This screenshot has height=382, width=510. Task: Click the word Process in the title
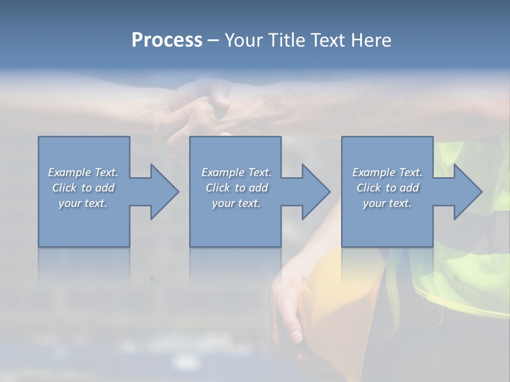click(167, 40)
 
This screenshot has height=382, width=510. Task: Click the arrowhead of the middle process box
click(315, 192)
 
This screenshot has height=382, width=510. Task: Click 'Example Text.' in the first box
click(83, 172)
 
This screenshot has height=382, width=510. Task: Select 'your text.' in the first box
click(83, 203)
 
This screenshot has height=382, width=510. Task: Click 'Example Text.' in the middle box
click(236, 172)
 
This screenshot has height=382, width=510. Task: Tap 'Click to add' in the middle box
click(236, 188)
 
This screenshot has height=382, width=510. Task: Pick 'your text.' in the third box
click(387, 203)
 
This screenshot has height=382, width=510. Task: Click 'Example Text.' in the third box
click(387, 172)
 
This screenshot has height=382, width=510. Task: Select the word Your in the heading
click(242, 40)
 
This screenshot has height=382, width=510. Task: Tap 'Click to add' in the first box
click(83, 188)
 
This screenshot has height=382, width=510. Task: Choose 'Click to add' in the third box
click(387, 188)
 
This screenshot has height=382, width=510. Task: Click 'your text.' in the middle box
click(236, 203)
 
